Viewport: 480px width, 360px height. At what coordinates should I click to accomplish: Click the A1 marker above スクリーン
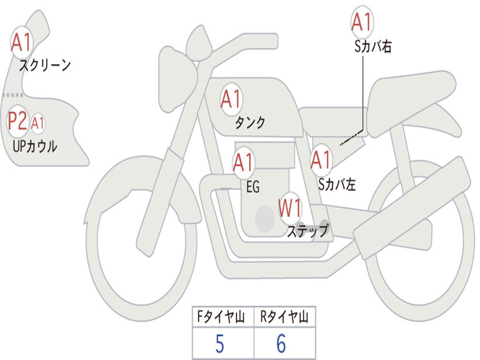(21, 43)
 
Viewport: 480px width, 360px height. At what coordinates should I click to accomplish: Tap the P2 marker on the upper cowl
(18, 121)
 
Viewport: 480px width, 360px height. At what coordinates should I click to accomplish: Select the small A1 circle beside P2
(37, 123)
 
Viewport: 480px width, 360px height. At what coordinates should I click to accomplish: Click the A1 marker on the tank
(231, 99)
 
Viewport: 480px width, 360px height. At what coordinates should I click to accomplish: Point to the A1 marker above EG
(243, 163)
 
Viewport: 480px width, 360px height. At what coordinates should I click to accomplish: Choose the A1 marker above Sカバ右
(362, 22)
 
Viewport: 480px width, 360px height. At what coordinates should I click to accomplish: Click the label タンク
(250, 123)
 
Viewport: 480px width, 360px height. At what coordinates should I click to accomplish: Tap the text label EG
(253, 187)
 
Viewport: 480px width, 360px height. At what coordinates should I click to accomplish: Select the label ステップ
(307, 231)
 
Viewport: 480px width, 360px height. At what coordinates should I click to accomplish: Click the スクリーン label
(45, 65)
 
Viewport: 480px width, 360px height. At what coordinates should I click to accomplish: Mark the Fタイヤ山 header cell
(223, 317)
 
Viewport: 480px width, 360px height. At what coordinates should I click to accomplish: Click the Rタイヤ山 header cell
(285, 317)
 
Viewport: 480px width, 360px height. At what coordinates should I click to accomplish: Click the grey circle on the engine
(265, 218)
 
